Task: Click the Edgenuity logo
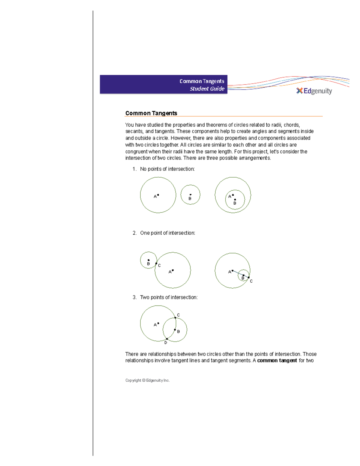pyautogui.click(x=314, y=91)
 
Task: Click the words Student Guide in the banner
pyautogui.click(x=207, y=89)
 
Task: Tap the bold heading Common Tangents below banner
pyautogui.click(x=151, y=113)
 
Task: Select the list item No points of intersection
pyautogui.click(x=167, y=169)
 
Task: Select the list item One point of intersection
pyautogui.click(x=167, y=233)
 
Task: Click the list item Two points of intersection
pyautogui.click(x=169, y=297)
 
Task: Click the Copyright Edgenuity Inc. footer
pyautogui.click(x=147, y=380)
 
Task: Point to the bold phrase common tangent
pyautogui.click(x=277, y=360)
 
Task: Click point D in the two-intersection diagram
pyautogui.click(x=167, y=339)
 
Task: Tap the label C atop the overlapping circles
pyautogui.click(x=178, y=315)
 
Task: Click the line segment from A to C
pyautogui.click(x=240, y=274)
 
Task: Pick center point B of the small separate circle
pyautogui.click(x=190, y=195)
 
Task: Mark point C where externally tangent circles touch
pyautogui.click(x=156, y=263)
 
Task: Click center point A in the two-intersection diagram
pyautogui.click(x=158, y=323)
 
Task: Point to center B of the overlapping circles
pyautogui.click(x=175, y=330)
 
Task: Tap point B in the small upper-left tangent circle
pyautogui.click(x=148, y=260)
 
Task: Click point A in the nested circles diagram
pyautogui.click(x=233, y=195)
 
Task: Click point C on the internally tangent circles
pyautogui.click(x=249, y=278)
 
